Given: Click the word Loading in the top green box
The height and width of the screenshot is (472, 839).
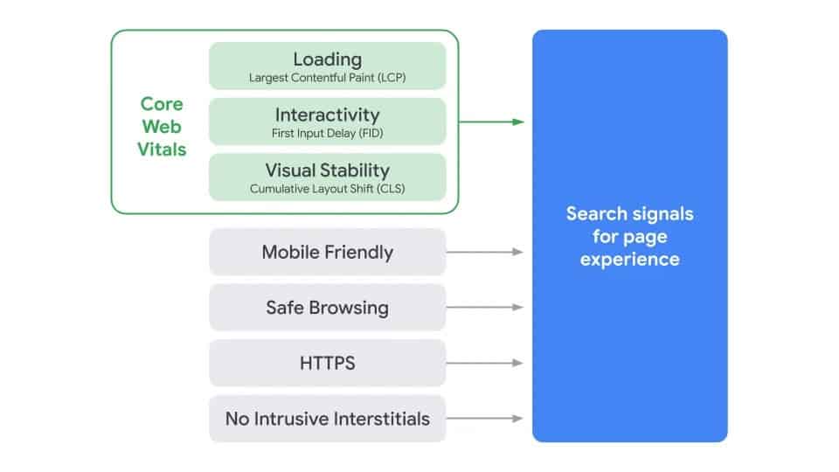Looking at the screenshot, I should click(x=327, y=59).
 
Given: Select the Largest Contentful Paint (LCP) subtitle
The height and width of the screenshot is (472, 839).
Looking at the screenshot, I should click(x=327, y=78).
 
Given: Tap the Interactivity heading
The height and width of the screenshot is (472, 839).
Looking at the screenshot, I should click(x=327, y=115).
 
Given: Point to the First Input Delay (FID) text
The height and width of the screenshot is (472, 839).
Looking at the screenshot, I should click(x=327, y=133).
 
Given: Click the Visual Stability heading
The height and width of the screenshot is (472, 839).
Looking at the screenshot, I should click(x=327, y=170).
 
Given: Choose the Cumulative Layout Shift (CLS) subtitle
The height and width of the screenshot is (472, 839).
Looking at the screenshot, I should click(x=327, y=188).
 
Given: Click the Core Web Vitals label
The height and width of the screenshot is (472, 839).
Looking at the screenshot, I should click(x=162, y=127).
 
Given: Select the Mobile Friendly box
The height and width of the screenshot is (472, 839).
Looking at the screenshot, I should click(x=327, y=252).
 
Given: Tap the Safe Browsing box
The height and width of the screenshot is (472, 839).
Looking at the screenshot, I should click(x=327, y=308).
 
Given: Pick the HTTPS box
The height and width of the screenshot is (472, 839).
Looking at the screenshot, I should click(x=327, y=363).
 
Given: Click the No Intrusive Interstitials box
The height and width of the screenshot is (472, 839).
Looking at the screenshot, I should click(x=327, y=419).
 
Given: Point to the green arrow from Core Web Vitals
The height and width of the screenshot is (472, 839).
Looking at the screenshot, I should click(x=491, y=121).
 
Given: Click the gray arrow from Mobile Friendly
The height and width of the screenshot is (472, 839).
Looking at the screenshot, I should click(x=485, y=252).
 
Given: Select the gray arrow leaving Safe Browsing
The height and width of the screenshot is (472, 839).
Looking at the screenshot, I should click(x=485, y=308).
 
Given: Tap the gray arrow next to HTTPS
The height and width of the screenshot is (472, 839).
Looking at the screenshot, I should click(x=485, y=363).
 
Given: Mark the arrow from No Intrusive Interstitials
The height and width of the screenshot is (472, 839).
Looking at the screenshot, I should click(x=485, y=419).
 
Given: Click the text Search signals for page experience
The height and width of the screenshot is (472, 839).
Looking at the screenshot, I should click(x=629, y=236).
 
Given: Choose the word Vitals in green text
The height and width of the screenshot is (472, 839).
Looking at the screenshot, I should click(x=162, y=149).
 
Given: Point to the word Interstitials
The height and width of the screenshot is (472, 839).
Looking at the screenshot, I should click(x=378, y=419).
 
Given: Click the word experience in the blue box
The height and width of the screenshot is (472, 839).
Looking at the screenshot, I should click(x=629, y=259).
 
